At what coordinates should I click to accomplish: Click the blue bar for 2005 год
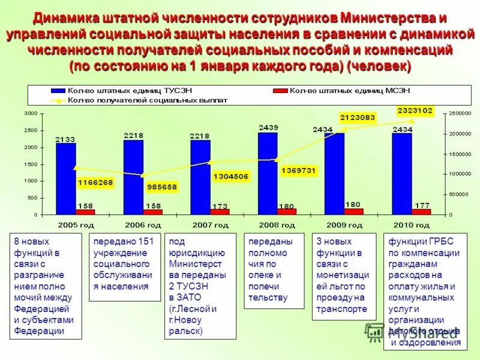(x=66, y=178)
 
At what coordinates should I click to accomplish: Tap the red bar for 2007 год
(x=220, y=212)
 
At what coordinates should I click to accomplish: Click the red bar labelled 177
(x=421, y=212)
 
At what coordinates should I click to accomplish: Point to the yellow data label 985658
(x=162, y=187)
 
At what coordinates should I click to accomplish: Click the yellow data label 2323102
(x=415, y=110)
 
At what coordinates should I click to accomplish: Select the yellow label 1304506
(x=230, y=176)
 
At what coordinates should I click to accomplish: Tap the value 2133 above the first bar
(x=65, y=139)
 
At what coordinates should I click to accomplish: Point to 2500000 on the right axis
(x=460, y=113)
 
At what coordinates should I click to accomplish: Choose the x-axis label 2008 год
(x=277, y=226)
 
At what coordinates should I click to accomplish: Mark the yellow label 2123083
(x=357, y=118)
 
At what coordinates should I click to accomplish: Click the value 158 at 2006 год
(x=153, y=206)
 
